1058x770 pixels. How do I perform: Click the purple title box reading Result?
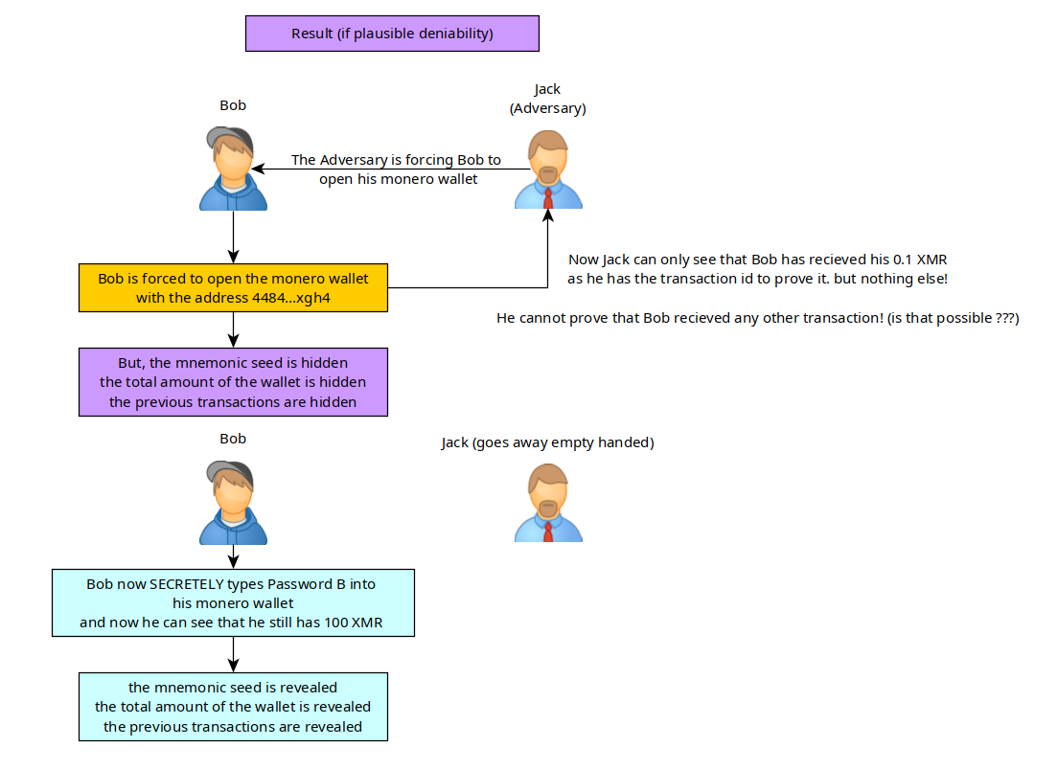click(x=392, y=34)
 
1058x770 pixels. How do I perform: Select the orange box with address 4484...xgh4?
click(x=233, y=287)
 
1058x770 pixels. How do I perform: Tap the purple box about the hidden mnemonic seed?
click(x=233, y=382)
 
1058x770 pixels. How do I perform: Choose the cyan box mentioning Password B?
click(x=233, y=603)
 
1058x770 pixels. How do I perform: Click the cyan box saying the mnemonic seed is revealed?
click(x=233, y=707)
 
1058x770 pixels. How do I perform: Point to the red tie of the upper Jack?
click(x=547, y=198)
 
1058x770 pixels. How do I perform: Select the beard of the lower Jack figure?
click(x=547, y=507)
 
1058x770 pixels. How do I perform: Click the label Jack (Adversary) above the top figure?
click(x=547, y=99)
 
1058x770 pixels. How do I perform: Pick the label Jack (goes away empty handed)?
click(x=547, y=442)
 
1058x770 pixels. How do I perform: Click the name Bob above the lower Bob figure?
click(x=233, y=439)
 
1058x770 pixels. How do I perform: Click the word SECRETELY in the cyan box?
click(x=182, y=584)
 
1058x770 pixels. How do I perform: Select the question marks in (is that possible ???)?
click(x=997, y=317)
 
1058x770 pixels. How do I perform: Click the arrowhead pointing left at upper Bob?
click(x=260, y=170)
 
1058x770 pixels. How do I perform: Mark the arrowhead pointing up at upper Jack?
click(x=547, y=217)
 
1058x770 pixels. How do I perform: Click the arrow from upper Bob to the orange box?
click(x=233, y=236)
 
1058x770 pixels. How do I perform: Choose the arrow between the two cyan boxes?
click(x=233, y=654)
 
